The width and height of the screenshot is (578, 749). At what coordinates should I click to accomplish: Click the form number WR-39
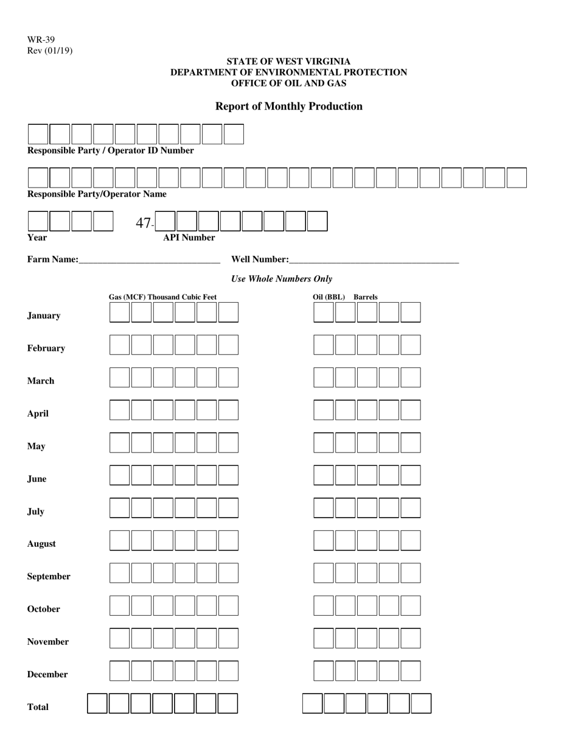[41, 40]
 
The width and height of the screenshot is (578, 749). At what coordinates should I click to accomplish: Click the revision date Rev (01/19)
[49, 51]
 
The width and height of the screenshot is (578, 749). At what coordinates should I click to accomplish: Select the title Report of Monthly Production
[289, 107]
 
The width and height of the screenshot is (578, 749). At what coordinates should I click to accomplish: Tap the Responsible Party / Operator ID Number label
[111, 150]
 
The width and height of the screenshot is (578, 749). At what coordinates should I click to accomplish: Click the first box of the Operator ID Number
[38, 134]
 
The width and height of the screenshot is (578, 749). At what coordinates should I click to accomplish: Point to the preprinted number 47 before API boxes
[143, 223]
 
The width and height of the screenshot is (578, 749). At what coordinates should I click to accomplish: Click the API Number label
[189, 237]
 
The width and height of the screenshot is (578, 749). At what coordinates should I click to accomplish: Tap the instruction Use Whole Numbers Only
[282, 279]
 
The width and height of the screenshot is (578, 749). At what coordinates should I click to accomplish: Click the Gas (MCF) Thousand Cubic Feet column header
[162, 297]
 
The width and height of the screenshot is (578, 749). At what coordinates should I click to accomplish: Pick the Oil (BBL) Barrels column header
[345, 297]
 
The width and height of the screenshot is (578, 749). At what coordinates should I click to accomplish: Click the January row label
[44, 315]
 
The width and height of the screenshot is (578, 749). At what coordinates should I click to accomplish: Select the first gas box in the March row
[120, 378]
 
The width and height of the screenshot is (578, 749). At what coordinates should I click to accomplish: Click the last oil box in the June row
[411, 475]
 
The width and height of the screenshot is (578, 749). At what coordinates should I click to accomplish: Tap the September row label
[49, 576]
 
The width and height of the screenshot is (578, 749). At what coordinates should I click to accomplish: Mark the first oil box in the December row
[324, 670]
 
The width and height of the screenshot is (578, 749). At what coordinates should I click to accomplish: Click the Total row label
[38, 707]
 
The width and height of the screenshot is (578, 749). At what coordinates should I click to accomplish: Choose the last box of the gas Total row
[228, 703]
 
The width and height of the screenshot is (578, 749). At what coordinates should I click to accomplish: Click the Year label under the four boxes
[37, 237]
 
